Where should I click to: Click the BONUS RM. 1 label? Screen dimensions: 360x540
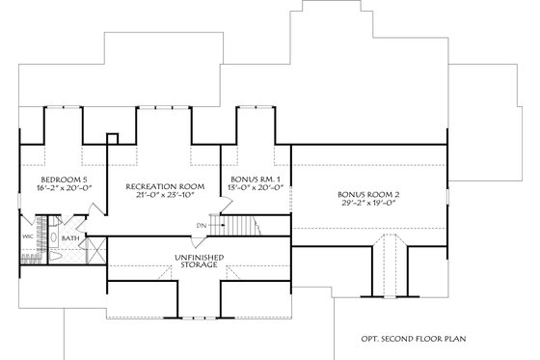point(256,180)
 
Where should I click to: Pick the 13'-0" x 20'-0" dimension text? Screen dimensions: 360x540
point(256,190)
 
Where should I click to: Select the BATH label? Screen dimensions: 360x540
point(70,236)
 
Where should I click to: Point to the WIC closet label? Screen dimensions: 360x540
point(28,235)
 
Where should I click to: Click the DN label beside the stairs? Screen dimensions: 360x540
point(200,226)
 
